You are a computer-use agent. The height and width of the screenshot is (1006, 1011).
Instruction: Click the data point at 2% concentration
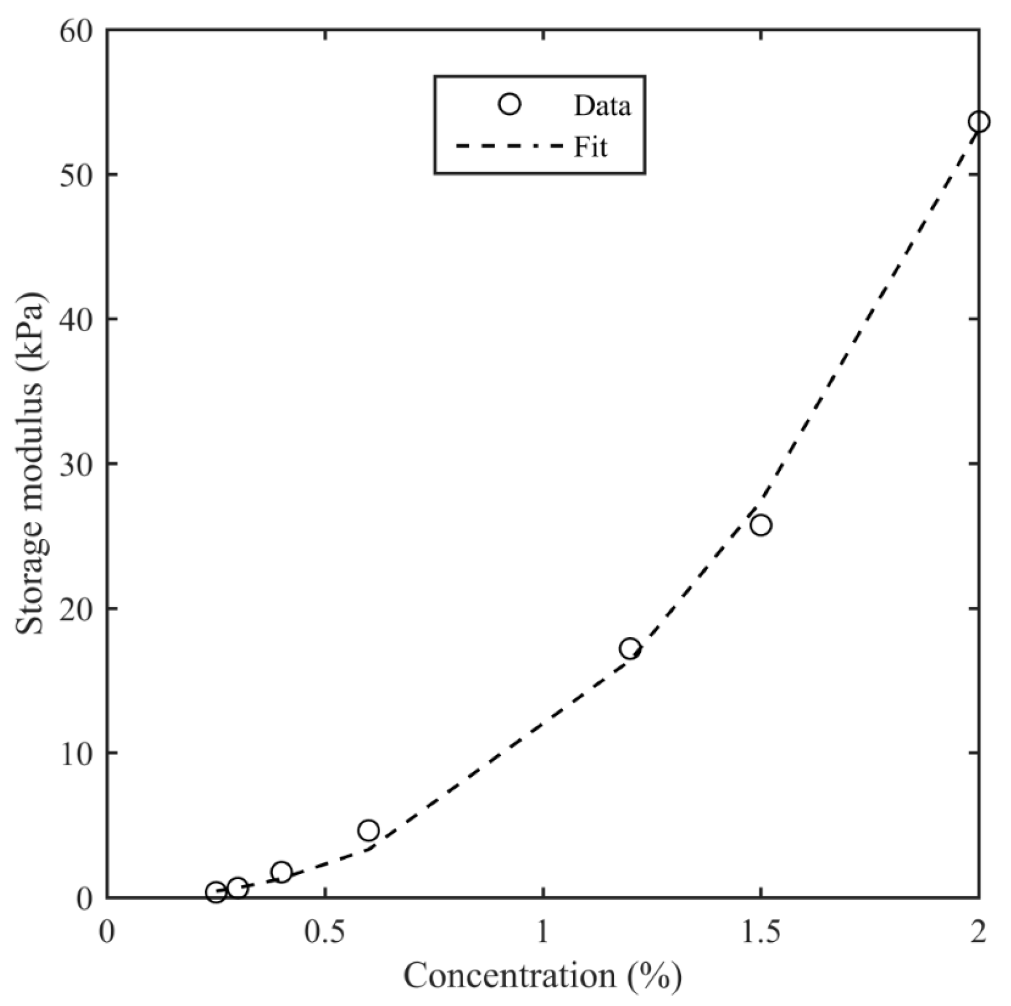[979, 122]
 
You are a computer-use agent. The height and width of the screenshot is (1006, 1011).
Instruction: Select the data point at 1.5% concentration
[761, 525]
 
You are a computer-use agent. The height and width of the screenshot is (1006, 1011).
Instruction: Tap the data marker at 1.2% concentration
[630, 648]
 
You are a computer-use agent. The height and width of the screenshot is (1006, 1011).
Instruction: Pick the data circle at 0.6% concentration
[369, 830]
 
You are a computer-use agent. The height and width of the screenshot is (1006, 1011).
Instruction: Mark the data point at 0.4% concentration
[281, 872]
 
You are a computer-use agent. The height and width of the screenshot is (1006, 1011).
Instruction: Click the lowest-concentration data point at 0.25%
[216, 892]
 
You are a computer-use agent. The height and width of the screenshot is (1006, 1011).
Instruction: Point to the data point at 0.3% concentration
[238, 887]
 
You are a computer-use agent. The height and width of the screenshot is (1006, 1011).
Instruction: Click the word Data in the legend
[602, 106]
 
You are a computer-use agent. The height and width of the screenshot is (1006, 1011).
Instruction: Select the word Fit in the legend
[590, 147]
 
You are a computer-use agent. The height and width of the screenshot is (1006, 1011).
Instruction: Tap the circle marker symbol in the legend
[510, 105]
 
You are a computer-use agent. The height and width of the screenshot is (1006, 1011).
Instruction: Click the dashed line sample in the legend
[509, 146]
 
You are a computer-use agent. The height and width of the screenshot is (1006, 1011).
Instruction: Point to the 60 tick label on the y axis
[77, 31]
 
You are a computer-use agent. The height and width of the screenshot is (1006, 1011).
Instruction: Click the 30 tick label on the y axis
[77, 464]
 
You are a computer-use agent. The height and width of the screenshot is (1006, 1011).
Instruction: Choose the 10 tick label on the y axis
[77, 753]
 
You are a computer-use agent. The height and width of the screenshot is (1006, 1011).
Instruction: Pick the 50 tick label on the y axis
[77, 175]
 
